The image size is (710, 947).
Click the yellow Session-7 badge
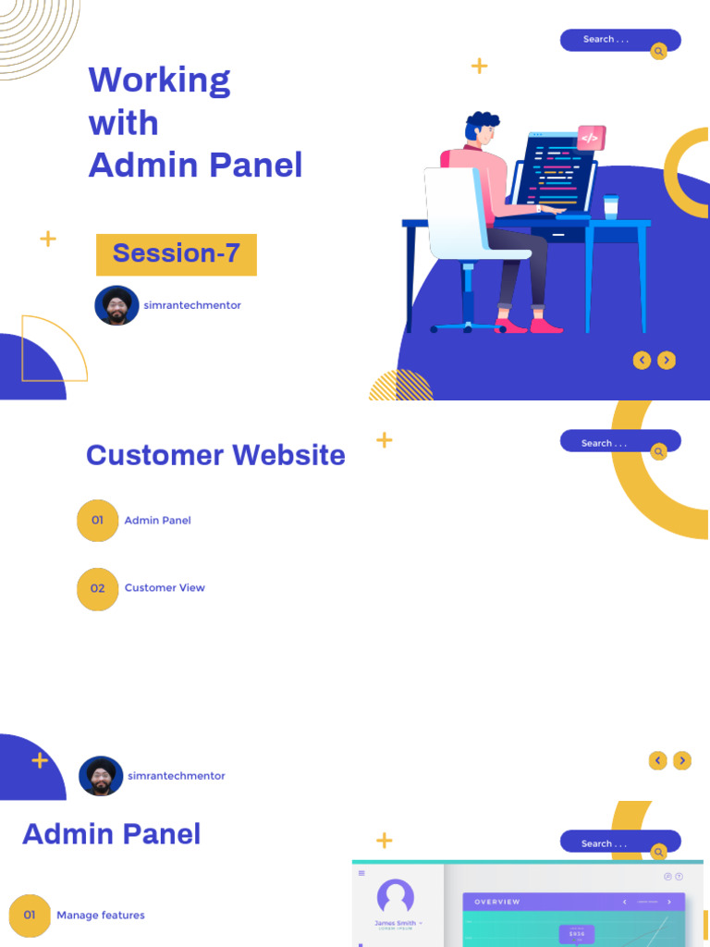(x=176, y=254)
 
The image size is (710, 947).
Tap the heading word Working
(x=159, y=81)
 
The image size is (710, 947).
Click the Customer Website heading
(x=215, y=455)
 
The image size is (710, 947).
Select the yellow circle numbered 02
(x=97, y=589)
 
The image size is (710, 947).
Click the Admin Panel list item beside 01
(x=157, y=521)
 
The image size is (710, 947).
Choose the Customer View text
(x=165, y=588)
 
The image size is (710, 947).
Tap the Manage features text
(x=101, y=916)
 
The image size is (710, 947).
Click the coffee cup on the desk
(x=610, y=206)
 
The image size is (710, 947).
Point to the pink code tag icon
(x=590, y=138)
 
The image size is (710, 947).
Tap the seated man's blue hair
(x=482, y=123)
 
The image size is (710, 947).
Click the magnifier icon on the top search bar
(x=658, y=52)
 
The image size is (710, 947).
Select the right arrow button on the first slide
(x=667, y=361)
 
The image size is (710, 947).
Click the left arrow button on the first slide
(x=642, y=361)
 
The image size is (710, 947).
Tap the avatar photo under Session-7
(x=116, y=305)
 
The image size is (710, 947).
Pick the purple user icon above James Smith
(x=396, y=896)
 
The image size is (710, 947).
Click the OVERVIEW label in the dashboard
(x=497, y=902)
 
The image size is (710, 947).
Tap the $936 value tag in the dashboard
(x=577, y=934)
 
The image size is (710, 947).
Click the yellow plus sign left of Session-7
(x=48, y=240)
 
